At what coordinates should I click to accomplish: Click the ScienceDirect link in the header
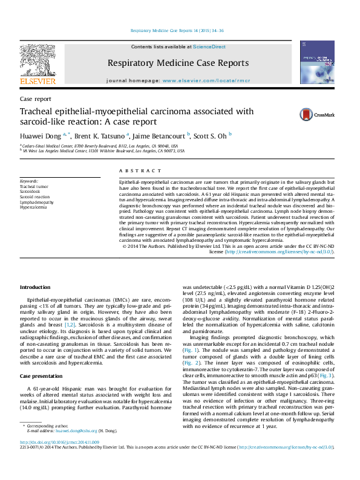click(x=209, y=47)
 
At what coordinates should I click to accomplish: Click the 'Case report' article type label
click(x=36, y=99)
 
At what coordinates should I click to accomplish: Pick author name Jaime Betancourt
click(x=161, y=135)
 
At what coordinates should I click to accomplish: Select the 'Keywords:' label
click(x=29, y=181)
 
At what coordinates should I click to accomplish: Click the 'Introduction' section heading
click(x=36, y=287)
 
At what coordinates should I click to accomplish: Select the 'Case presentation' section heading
click(x=42, y=377)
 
